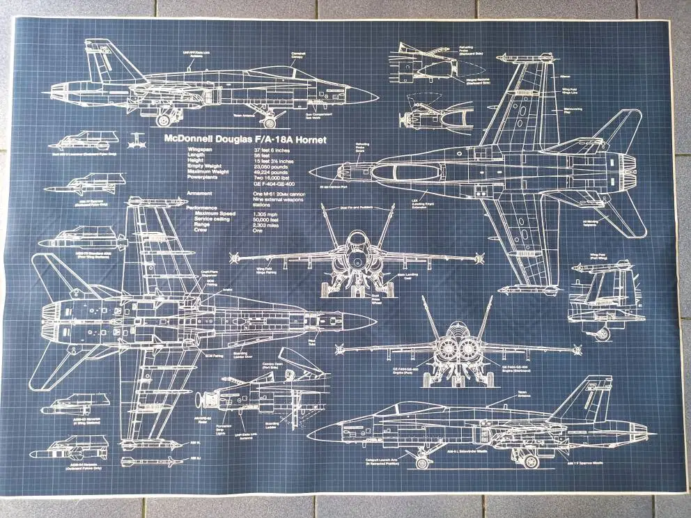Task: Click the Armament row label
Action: [199, 193]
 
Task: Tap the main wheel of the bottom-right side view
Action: [531, 460]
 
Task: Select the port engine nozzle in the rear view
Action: [447, 349]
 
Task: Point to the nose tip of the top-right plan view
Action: [311, 171]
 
